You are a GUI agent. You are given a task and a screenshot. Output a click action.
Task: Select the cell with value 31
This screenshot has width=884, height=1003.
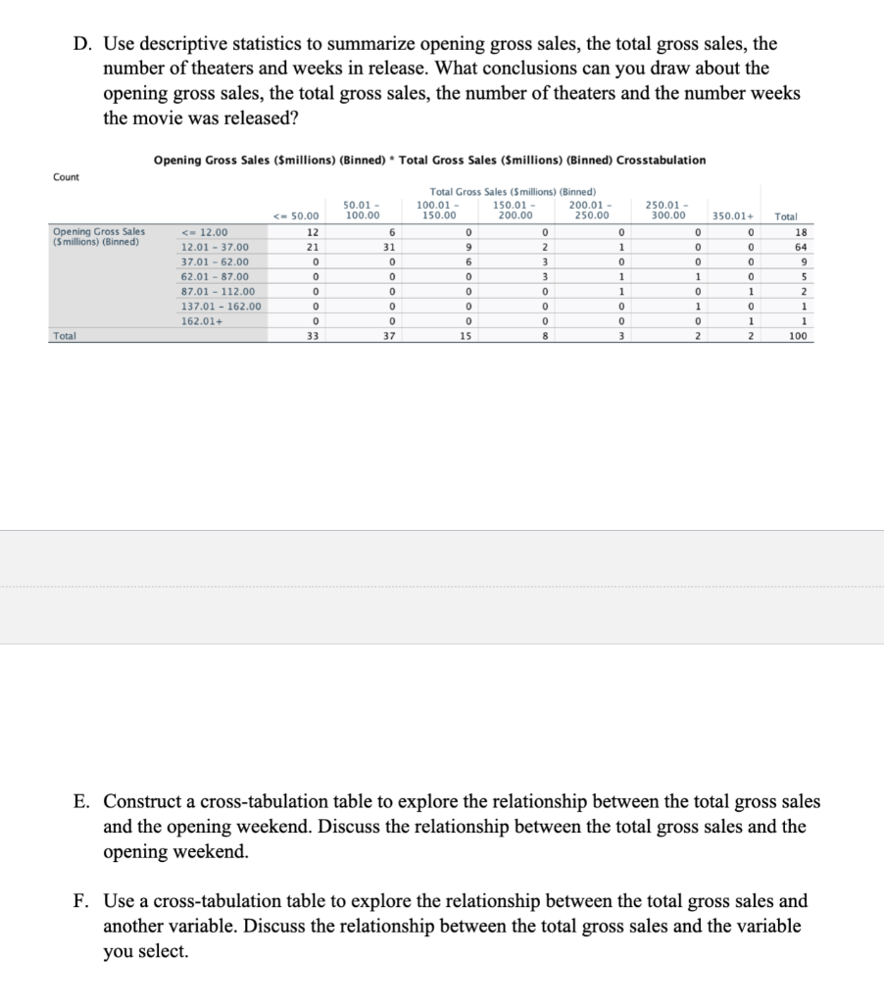click(390, 247)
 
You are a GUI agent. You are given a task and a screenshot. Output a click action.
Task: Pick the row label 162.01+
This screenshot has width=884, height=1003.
click(200, 320)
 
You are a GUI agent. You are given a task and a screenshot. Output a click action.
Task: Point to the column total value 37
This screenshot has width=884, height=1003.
click(390, 335)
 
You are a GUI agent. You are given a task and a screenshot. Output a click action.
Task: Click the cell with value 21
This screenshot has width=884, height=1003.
click(311, 247)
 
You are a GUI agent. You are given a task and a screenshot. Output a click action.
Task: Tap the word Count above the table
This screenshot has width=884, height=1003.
click(67, 176)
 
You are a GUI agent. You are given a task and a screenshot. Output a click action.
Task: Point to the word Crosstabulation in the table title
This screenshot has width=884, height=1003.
click(661, 160)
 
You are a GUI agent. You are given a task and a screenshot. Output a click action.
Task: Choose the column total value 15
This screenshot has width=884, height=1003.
click(468, 335)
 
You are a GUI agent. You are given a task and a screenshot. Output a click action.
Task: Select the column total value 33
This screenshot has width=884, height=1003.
click(311, 335)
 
